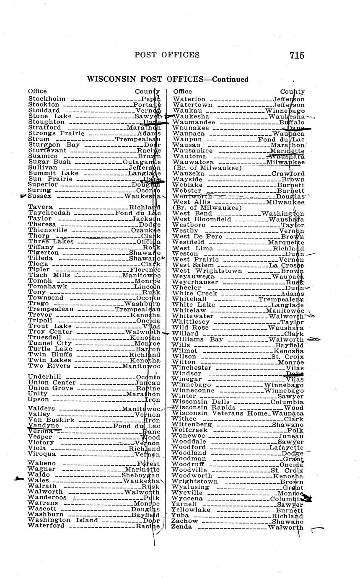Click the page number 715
click(x=296, y=55)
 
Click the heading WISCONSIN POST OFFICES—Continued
click(x=167, y=79)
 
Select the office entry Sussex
click(x=40, y=196)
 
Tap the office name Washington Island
click(x=63, y=520)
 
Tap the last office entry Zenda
click(x=181, y=527)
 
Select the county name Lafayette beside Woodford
click(x=286, y=447)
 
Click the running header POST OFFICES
click(x=167, y=55)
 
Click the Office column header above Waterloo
click(x=182, y=91)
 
